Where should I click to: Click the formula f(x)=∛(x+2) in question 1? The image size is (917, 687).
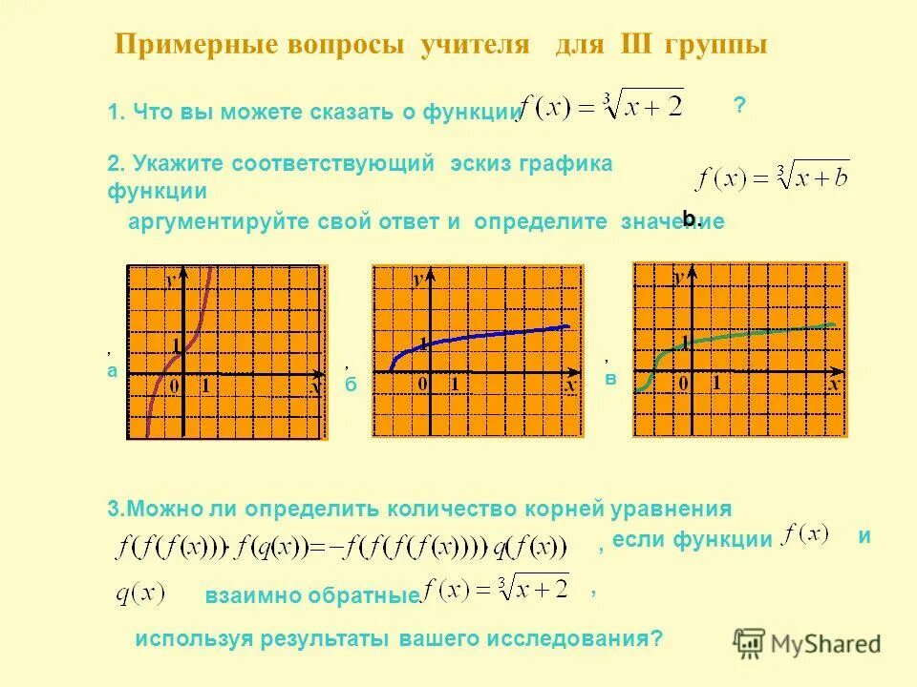[601, 107]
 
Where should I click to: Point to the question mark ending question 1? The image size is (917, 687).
[739, 105]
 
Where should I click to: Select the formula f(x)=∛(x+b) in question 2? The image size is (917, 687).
[771, 177]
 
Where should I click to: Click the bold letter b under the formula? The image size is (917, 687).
[691, 219]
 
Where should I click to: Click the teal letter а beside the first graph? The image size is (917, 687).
[112, 371]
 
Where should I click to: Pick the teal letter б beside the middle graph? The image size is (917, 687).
[350, 384]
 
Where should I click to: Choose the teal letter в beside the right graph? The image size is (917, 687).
[610, 379]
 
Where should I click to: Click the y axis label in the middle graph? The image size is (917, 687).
[419, 280]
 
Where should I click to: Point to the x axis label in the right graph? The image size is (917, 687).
[833, 384]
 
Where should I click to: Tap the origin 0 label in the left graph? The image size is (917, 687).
[174, 385]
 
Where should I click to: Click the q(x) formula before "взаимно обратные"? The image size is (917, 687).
[139, 593]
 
